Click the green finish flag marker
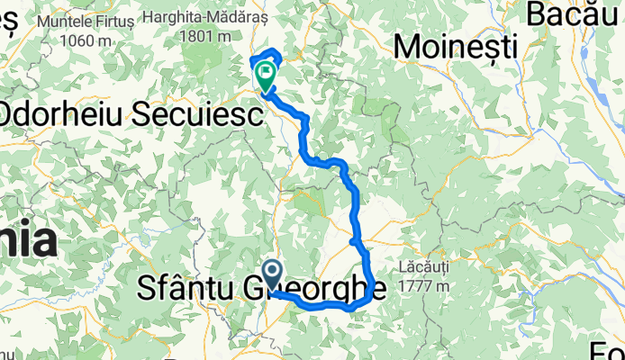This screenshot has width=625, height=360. (267, 76)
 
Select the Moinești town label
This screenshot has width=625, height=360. (457, 46)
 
